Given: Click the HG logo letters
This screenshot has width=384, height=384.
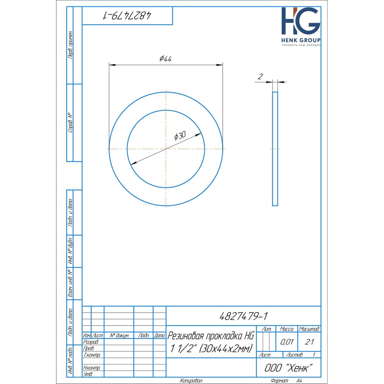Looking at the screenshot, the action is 301,21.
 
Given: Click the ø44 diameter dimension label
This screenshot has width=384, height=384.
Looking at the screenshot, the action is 166,59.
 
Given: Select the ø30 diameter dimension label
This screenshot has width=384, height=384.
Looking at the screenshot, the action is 180,136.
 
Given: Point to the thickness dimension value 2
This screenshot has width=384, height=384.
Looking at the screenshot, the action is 260,77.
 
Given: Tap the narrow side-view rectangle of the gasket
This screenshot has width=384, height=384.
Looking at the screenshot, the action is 275,149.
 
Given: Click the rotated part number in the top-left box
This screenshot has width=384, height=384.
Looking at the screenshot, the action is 127,16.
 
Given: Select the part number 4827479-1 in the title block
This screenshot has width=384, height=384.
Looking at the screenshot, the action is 243,316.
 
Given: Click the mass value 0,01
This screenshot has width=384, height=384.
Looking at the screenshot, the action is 287,342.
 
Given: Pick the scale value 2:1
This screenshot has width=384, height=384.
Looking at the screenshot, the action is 309,342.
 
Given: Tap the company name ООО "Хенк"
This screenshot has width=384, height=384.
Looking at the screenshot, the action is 288,368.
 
